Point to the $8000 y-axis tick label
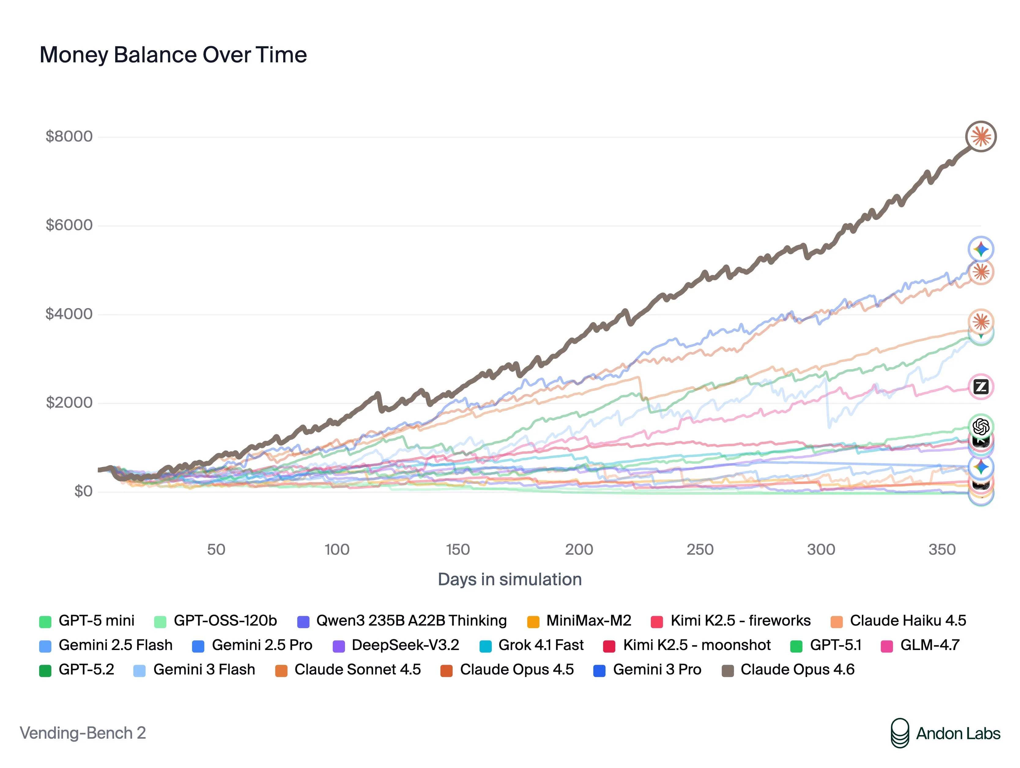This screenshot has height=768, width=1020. pyautogui.click(x=69, y=136)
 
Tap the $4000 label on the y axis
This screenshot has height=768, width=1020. pyautogui.click(x=69, y=314)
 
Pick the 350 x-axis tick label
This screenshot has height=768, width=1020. pyautogui.click(x=942, y=549)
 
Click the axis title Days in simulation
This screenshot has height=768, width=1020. pyautogui.click(x=510, y=579)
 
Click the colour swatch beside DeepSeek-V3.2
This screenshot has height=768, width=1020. pyautogui.click(x=339, y=646)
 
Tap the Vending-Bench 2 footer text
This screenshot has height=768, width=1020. pyautogui.click(x=83, y=733)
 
